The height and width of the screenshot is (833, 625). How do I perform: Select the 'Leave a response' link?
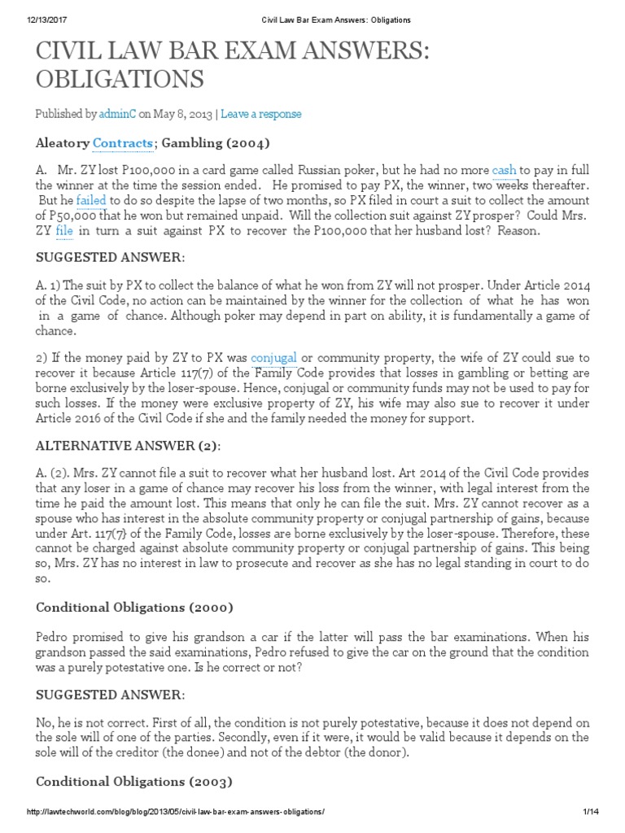pos(260,114)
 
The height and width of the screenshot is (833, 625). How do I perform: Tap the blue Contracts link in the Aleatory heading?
pos(123,143)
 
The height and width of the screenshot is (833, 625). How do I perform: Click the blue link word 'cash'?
pos(504,171)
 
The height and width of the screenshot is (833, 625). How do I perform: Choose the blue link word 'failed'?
pos(91,200)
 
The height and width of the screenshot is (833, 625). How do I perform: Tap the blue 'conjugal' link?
pos(273,358)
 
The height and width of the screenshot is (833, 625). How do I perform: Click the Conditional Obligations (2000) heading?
pos(134,607)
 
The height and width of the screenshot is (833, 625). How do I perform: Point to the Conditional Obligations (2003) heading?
pos(134,782)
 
